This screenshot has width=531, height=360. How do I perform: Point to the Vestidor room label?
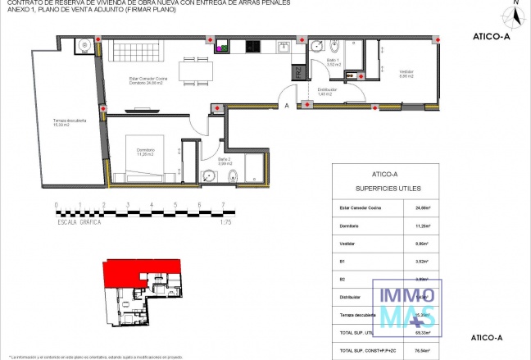click(x=406, y=74)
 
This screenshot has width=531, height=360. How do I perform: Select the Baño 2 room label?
click(x=226, y=162)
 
